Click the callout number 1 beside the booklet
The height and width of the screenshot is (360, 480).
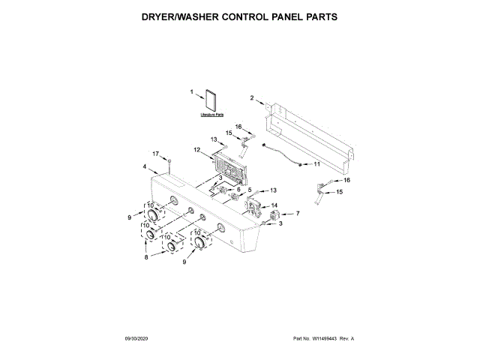[191, 92]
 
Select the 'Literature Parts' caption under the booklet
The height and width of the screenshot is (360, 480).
[212, 116]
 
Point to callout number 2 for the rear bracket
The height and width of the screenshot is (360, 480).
[252, 98]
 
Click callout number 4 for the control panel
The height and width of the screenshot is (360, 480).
[144, 166]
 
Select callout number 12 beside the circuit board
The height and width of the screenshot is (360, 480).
[196, 150]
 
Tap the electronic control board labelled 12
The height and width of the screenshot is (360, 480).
[225, 167]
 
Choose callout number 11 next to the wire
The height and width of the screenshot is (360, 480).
[316, 163]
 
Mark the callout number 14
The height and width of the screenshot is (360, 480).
[274, 205]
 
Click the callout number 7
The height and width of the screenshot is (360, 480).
[297, 214]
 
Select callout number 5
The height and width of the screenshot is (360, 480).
[250, 190]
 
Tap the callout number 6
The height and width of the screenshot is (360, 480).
[239, 190]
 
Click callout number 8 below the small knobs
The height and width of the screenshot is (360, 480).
[146, 257]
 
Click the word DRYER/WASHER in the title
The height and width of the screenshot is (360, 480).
[179, 15]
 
